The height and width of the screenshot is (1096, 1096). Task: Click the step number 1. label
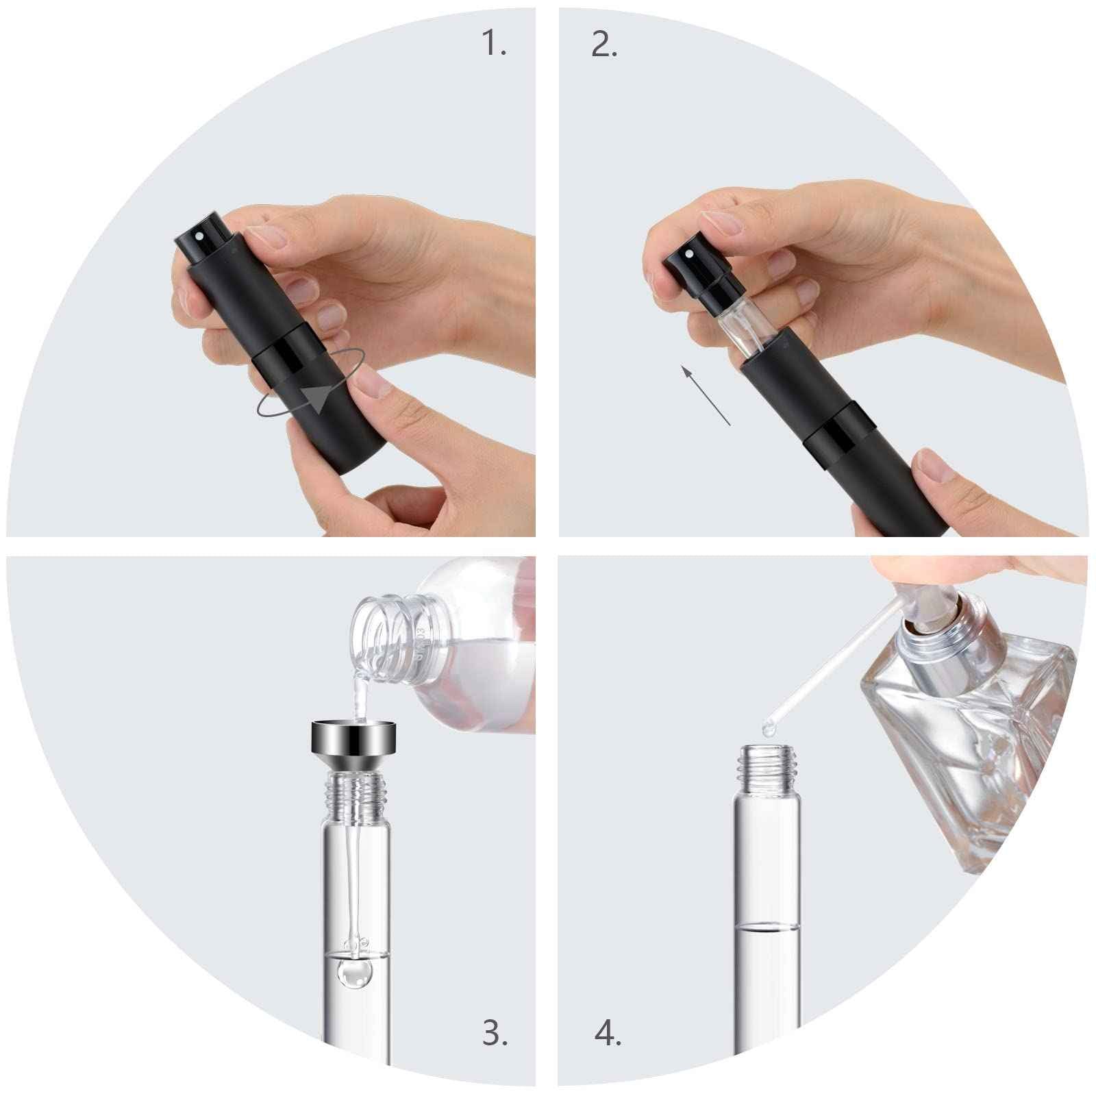pos(495,44)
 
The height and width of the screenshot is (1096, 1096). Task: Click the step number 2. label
pos(603,44)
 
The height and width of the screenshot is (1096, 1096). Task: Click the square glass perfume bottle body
pos(959,747)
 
